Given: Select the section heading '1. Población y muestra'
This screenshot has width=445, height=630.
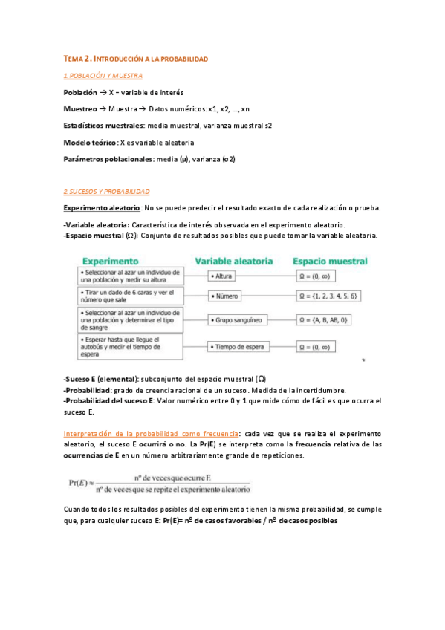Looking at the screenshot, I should (103, 76).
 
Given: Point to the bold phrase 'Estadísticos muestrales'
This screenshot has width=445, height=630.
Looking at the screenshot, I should (104, 126).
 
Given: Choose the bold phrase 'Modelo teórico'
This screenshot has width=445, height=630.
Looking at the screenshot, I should (90, 142).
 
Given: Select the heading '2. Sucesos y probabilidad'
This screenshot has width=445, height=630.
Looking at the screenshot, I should (106, 191).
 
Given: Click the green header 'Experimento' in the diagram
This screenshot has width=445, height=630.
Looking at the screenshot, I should (111, 262).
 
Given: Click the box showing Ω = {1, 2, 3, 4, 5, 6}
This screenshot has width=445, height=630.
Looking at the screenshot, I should (328, 296).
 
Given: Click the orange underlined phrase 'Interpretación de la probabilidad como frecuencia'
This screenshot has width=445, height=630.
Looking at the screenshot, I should (151, 433).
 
